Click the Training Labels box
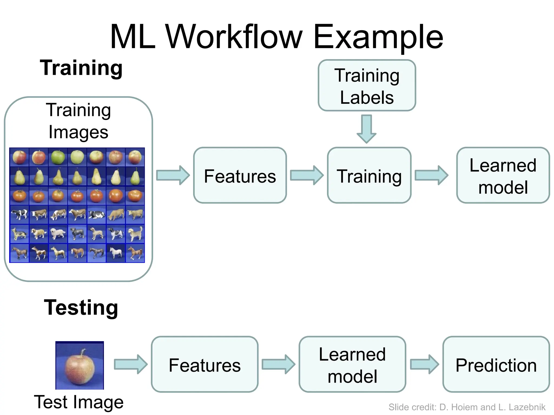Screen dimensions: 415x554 tap(367, 85)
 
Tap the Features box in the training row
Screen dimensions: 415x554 tap(240, 175)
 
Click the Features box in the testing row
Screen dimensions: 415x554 tap(205, 364)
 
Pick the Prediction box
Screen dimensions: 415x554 tap(496, 364)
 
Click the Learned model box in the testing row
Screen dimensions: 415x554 tap(352, 364)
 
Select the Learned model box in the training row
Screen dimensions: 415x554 tap(503, 175)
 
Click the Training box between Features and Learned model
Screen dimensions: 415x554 tap(369, 175)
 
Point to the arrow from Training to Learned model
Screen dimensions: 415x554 tap(431, 175)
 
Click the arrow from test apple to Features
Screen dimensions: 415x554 tap(131, 364)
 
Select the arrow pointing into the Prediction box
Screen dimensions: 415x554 tap(424, 364)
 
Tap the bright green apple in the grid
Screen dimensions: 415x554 tap(58, 157)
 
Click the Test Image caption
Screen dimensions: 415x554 tap(79, 402)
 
